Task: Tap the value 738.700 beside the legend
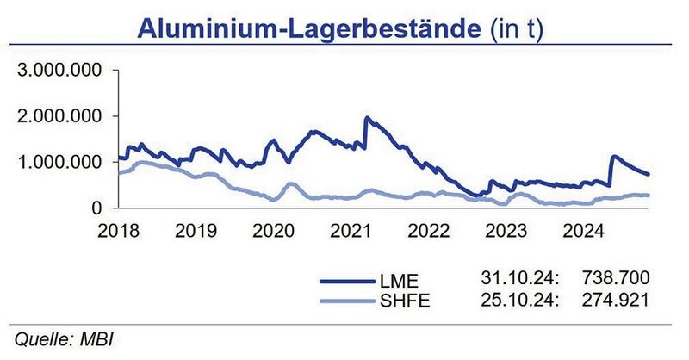(x=617, y=278)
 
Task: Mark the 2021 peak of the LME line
(x=368, y=117)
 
